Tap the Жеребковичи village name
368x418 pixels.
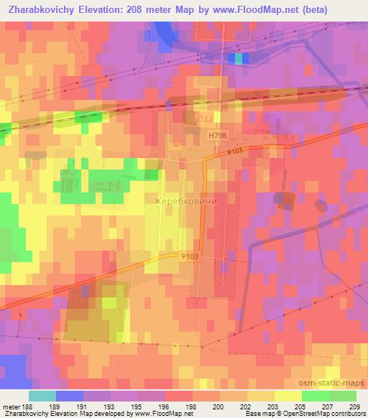pyautogui.click(x=185, y=202)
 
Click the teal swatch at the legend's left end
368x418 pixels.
pyautogui.click(x=42, y=396)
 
